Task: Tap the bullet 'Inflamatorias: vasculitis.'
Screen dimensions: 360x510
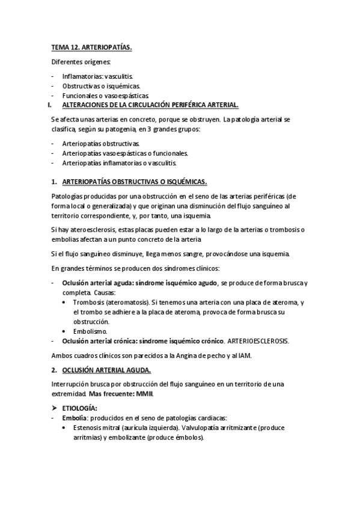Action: [x=97, y=77]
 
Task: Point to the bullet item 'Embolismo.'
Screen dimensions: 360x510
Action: [x=90, y=331]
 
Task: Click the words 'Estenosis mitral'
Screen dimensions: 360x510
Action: [x=98, y=428]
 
